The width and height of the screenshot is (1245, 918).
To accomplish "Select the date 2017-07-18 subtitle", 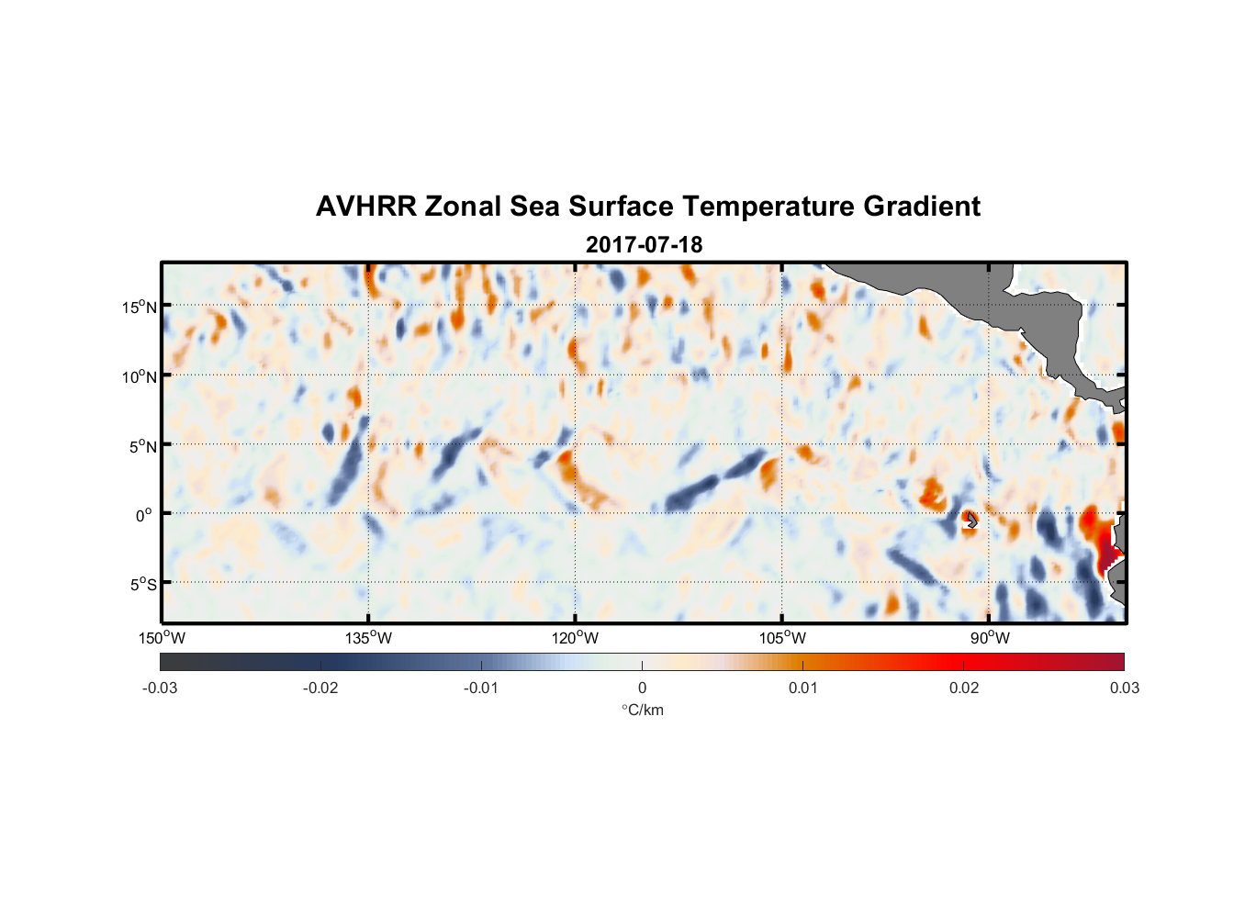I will tap(644, 245).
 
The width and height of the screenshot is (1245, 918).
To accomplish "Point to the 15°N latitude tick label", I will tap(140, 307).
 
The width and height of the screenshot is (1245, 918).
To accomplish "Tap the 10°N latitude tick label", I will tap(140, 376).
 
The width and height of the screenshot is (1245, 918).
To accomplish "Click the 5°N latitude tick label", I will tap(143, 446).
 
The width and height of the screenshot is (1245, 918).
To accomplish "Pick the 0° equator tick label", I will tap(144, 515).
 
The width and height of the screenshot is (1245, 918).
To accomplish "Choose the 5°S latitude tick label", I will tap(143, 584).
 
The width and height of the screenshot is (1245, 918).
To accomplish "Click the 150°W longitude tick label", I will tap(163, 638).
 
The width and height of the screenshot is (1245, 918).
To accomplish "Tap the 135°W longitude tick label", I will tap(369, 638).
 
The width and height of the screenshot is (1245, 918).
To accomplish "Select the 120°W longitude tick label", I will tap(576, 638).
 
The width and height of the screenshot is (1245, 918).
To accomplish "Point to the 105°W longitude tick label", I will tap(782, 638).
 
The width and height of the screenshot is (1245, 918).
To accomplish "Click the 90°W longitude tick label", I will tap(990, 638).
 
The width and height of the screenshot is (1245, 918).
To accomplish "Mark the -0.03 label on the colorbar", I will tap(160, 688).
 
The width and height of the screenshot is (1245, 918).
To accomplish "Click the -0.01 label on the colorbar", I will tap(481, 688).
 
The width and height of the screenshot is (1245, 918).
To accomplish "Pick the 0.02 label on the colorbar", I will tap(964, 688).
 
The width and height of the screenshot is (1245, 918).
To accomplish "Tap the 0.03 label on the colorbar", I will tap(1124, 688).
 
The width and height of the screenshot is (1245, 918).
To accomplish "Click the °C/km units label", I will tap(643, 710).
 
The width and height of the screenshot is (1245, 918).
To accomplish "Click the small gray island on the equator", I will tap(970, 521).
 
